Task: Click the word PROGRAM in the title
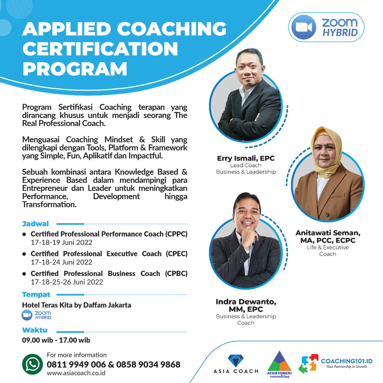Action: (75, 69)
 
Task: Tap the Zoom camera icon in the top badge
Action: (304, 27)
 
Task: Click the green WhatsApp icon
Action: (32, 364)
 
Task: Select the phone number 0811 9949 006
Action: (76, 364)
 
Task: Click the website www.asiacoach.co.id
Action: (76, 373)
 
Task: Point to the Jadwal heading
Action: (35, 224)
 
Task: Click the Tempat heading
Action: (36, 295)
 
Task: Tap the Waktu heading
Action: (35, 330)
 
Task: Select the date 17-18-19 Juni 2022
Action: (61, 242)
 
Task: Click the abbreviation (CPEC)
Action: (177, 254)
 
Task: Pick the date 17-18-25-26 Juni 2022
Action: (67, 282)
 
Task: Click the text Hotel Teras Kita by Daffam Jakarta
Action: (77, 305)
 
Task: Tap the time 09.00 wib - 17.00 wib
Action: (56, 340)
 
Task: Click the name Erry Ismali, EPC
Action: (246, 158)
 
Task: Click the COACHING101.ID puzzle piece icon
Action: (308, 364)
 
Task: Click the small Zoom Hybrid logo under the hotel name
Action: (37, 315)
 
